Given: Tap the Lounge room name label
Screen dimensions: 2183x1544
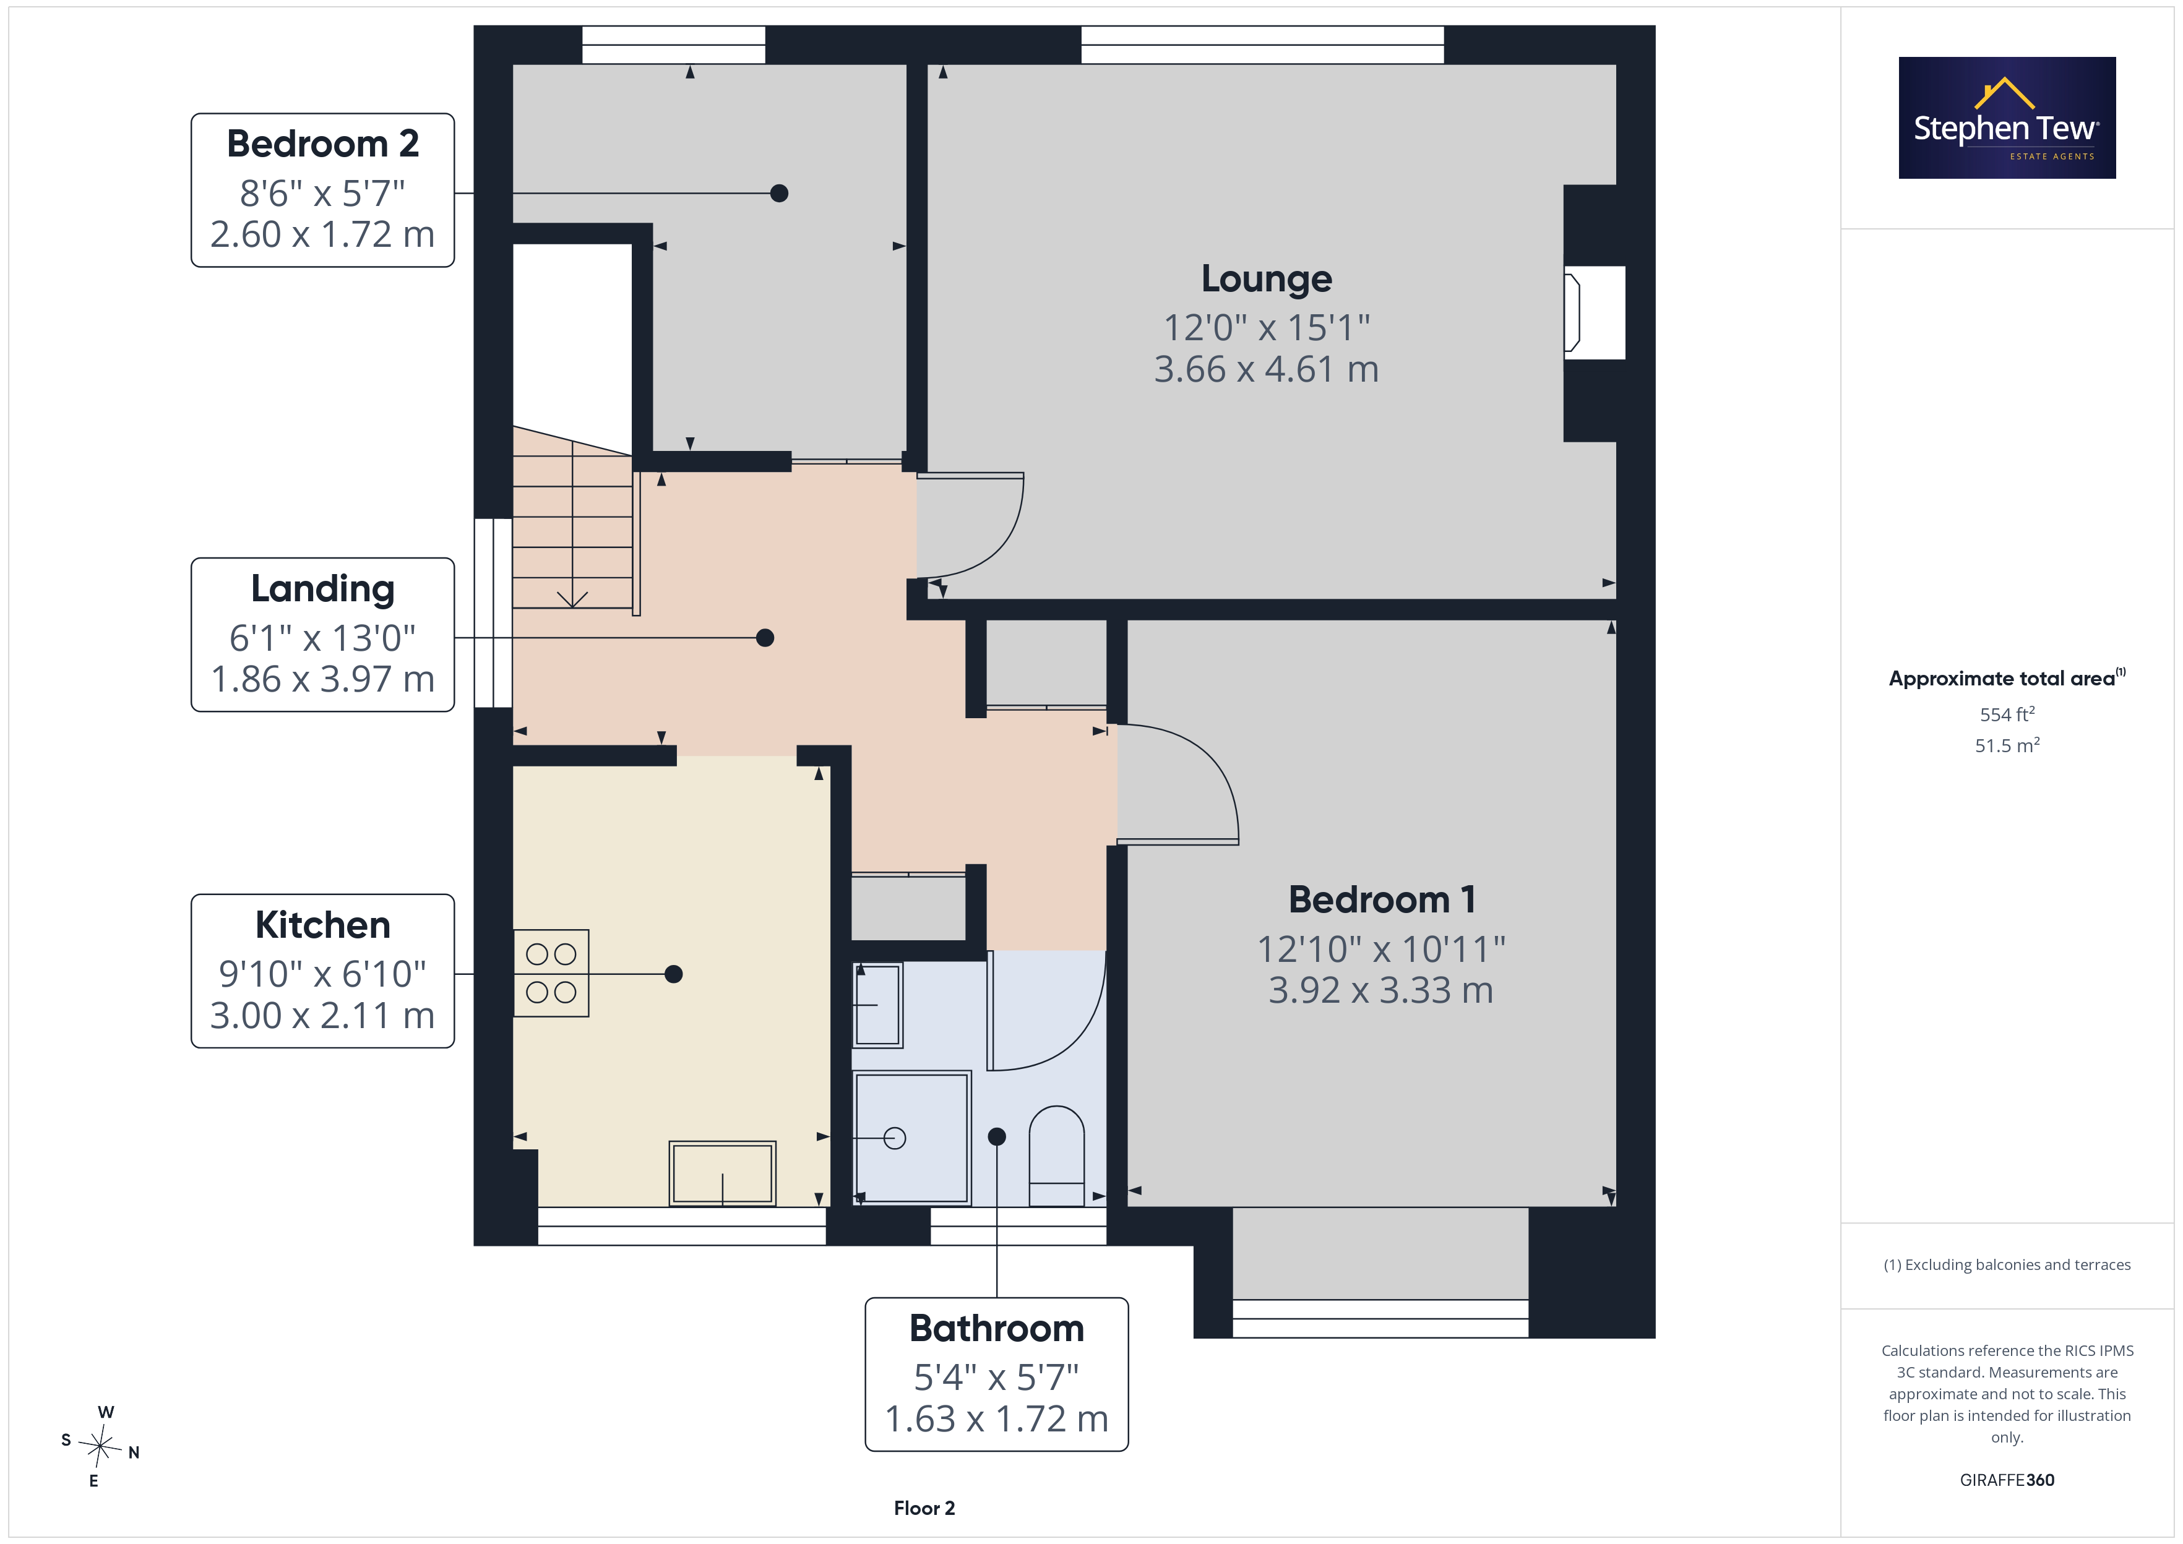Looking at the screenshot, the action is (x=1267, y=278).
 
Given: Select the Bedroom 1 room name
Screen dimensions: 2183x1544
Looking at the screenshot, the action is (x=1382, y=899).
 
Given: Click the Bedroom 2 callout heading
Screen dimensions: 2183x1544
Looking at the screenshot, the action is (x=322, y=144).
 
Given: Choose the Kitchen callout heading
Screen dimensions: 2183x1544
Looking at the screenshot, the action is (x=322, y=925).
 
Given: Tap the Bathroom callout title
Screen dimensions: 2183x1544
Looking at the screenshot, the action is (x=996, y=1328).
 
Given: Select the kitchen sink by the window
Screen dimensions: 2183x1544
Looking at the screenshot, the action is (x=723, y=1173).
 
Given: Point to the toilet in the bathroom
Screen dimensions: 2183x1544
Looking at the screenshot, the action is (x=1056, y=1156).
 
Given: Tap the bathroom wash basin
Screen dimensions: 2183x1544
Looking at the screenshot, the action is (x=877, y=1005).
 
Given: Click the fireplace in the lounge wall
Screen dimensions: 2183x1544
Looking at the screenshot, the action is (x=1595, y=313).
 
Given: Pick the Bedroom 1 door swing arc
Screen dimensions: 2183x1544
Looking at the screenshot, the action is (x=1212, y=761).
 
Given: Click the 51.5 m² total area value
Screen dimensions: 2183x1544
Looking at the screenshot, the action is (x=2007, y=745).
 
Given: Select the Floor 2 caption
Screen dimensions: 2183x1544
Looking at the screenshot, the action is (x=924, y=1508).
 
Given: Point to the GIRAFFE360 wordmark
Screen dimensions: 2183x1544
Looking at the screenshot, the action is (x=2007, y=1479).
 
